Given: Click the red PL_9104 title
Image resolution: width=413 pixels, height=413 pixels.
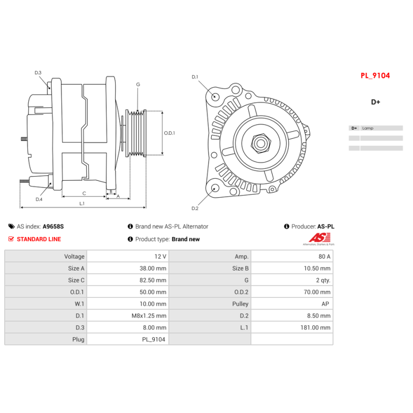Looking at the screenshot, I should pyautogui.click(x=375, y=75).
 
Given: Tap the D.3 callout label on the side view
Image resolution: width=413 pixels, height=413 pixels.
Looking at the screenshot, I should pyautogui.click(x=38, y=73).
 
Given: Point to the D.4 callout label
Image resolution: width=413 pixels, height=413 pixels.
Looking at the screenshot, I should pyautogui.click(x=39, y=199).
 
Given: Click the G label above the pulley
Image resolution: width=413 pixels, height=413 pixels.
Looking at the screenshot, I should pyautogui.click(x=138, y=84).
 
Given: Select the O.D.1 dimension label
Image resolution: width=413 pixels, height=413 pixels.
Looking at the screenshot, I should pyautogui.click(x=170, y=133).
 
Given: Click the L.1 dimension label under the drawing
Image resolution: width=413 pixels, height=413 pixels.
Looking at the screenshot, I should pyautogui.click(x=82, y=203).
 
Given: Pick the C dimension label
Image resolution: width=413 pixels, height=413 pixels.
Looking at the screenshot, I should pyautogui.click(x=84, y=193).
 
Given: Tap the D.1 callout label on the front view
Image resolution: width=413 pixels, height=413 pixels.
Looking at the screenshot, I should pyautogui.click(x=195, y=77).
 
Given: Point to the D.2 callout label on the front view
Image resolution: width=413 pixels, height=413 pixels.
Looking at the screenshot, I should pyautogui.click(x=195, y=209).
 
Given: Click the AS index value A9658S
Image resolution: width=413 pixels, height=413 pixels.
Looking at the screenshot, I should pyautogui.click(x=53, y=226).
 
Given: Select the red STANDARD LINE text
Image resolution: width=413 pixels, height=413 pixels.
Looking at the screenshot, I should pyautogui.click(x=39, y=239).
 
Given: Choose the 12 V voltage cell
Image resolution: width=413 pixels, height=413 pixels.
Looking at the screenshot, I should pyautogui.click(x=161, y=256).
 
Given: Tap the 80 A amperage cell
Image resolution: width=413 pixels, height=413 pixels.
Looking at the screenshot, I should pyautogui.click(x=325, y=256).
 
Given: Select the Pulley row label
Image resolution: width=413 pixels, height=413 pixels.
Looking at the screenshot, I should pyautogui.click(x=240, y=304).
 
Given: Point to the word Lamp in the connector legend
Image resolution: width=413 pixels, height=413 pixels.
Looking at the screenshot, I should pyautogui.click(x=368, y=128).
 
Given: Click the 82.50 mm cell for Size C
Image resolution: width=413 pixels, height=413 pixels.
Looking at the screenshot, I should pyautogui.click(x=154, y=280).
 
